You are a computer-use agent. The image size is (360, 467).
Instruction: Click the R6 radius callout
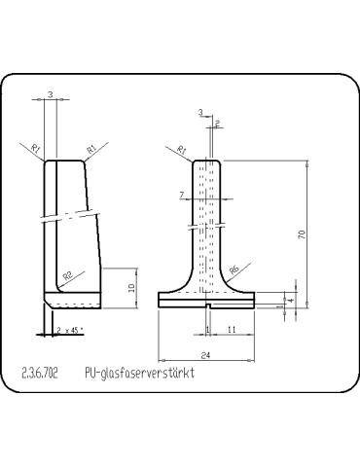coord(234,271)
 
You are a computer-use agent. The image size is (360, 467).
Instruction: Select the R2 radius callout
coord(68,276)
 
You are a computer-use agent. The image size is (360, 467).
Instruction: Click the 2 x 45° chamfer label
coord(71,330)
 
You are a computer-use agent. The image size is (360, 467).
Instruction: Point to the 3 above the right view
coord(199,113)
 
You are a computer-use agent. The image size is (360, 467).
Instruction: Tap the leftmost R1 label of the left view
coord(35,148)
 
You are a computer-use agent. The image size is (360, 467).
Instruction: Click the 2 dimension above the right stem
coord(217,124)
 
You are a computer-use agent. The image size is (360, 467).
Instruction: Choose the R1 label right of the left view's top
coord(90,148)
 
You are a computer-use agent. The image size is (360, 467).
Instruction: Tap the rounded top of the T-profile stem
coord(206,162)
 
